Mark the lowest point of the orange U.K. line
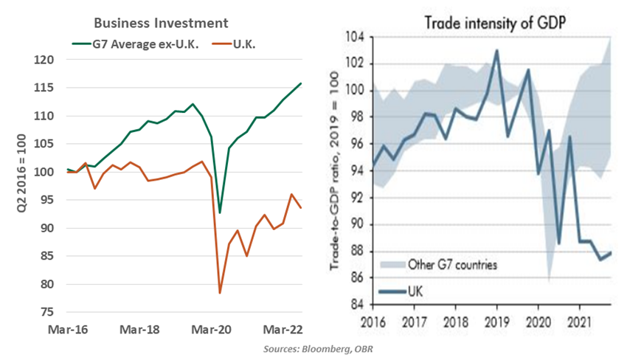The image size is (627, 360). coord(219,293)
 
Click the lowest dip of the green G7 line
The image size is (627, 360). coord(219,212)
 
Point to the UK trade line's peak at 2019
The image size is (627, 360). coord(496,50)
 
